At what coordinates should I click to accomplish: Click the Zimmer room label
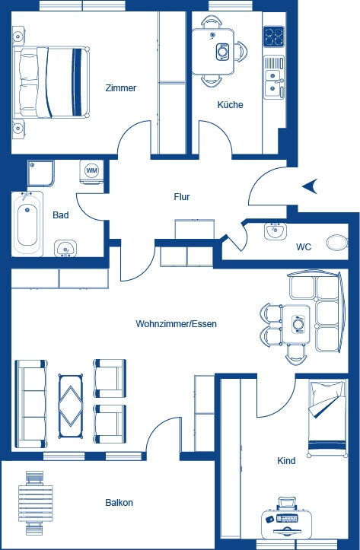click(x=120, y=88)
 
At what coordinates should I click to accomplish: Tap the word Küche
click(x=230, y=105)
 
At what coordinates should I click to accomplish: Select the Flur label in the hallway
click(x=181, y=196)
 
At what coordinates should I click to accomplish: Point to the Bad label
click(x=61, y=215)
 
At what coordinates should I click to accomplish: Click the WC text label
click(x=303, y=247)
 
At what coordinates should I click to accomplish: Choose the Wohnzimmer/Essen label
click(x=176, y=323)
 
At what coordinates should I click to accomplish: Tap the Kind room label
click(x=286, y=461)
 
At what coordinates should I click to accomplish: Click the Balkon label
click(x=119, y=503)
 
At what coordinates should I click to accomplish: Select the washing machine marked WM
click(x=91, y=171)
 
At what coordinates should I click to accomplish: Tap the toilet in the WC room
click(x=336, y=243)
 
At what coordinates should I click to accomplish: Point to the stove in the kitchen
click(x=274, y=36)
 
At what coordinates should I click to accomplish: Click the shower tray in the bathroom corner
click(x=42, y=174)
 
